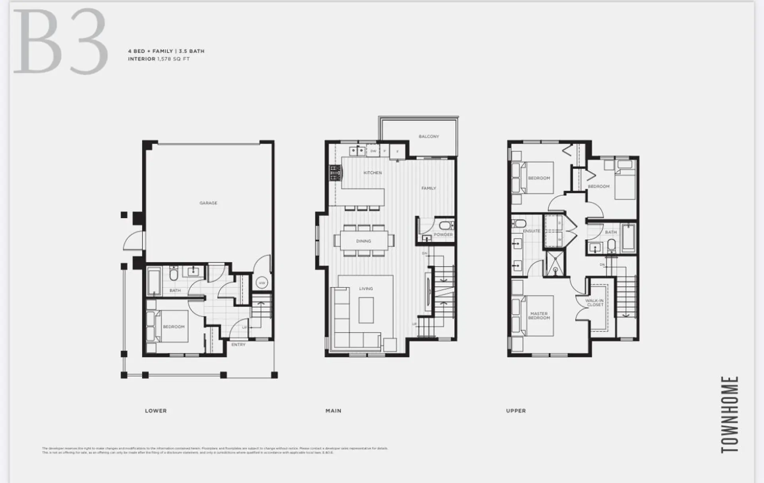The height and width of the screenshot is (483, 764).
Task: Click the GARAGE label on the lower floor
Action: (x=208, y=203)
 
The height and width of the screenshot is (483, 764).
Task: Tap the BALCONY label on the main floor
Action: (x=429, y=137)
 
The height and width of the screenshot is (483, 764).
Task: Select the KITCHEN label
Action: (x=372, y=173)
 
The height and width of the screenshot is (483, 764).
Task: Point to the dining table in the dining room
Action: (x=364, y=241)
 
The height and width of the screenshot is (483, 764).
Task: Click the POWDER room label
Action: (x=443, y=235)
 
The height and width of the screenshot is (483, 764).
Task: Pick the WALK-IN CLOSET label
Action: (x=594, y=303)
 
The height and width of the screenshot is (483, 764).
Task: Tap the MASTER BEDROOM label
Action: (x=539, y=316)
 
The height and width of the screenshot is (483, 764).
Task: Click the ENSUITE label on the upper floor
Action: (x=531, y=231)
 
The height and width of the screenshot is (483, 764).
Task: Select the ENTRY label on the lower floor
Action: (x=238, y=344)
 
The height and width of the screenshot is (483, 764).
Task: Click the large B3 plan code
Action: (x=60, y=42)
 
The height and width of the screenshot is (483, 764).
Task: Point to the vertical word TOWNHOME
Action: (x=730, y=414)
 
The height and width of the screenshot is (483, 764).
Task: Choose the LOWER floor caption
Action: (x=156, y=411)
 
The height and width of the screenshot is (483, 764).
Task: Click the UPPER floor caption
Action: (x=516, y=411)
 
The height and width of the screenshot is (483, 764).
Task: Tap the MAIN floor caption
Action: (x=333, y=411)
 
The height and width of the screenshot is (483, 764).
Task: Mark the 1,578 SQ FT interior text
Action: (x=173, y=59)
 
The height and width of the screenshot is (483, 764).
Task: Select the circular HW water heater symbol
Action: (x=262, y=283)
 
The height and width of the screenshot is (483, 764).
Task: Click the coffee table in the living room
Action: (x=366, y=310)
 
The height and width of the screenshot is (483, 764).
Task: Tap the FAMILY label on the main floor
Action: (x=429, y=188)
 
